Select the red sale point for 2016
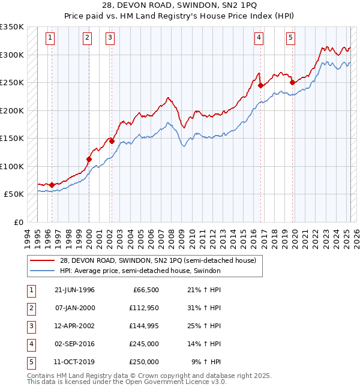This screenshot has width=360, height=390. point(261,85)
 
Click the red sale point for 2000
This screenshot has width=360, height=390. point(89,160)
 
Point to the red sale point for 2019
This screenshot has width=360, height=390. point(292,83)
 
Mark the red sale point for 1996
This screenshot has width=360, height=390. point(52,185)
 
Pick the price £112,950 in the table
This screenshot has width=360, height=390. point(142,308)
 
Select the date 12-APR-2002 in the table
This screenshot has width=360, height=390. point(74,326)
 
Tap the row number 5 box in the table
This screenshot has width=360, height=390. point(30,362)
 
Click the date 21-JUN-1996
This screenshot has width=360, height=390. point(74,290)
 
